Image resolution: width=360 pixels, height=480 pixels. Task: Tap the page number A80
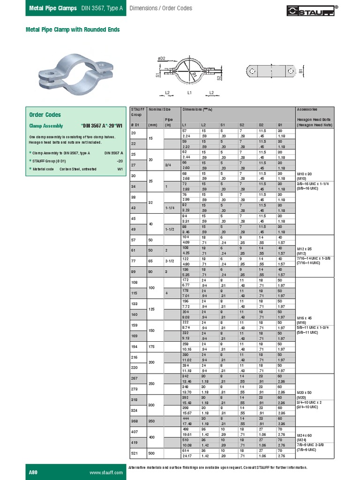34,472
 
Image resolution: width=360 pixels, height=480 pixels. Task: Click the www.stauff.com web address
106,472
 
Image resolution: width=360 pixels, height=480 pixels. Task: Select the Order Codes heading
45,115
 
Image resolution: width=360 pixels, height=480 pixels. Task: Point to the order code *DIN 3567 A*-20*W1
102,126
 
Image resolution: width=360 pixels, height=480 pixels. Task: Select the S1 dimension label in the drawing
157,75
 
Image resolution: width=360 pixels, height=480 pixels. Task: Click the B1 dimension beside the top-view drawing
300,71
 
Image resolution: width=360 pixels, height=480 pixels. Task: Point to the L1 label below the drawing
189,93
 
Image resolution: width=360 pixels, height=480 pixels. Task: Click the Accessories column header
307,109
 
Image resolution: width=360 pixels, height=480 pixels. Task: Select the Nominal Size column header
159,109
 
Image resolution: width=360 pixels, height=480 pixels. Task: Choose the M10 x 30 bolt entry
305,173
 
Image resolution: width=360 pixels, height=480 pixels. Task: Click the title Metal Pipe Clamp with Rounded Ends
73,30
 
